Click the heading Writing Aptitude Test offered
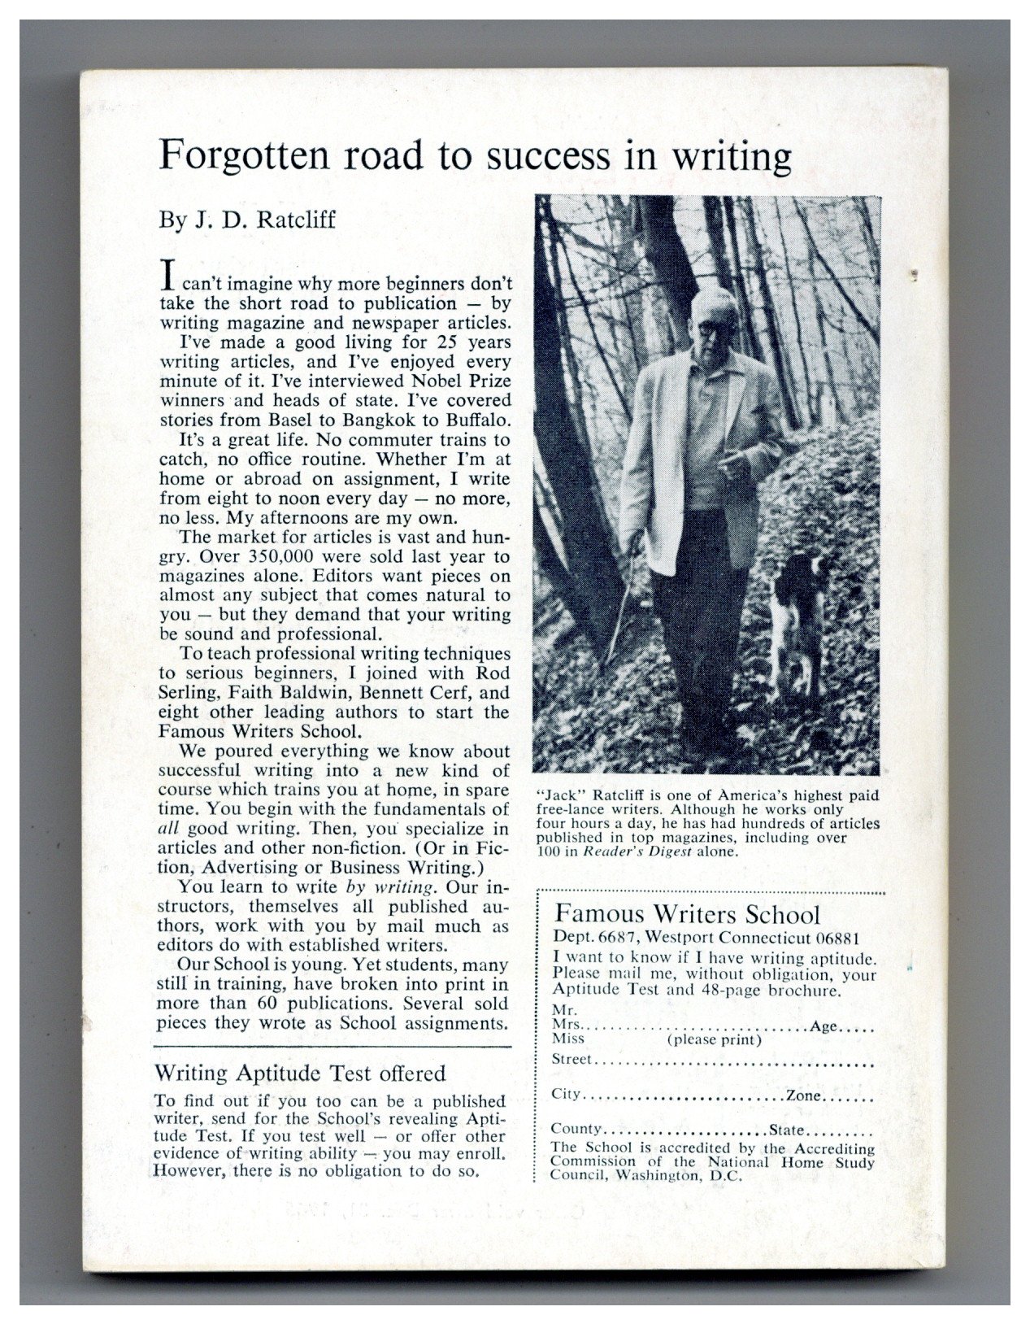(x=300, y=1074)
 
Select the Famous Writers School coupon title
(x=686, y=914)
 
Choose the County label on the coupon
(x=576, y=1130)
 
